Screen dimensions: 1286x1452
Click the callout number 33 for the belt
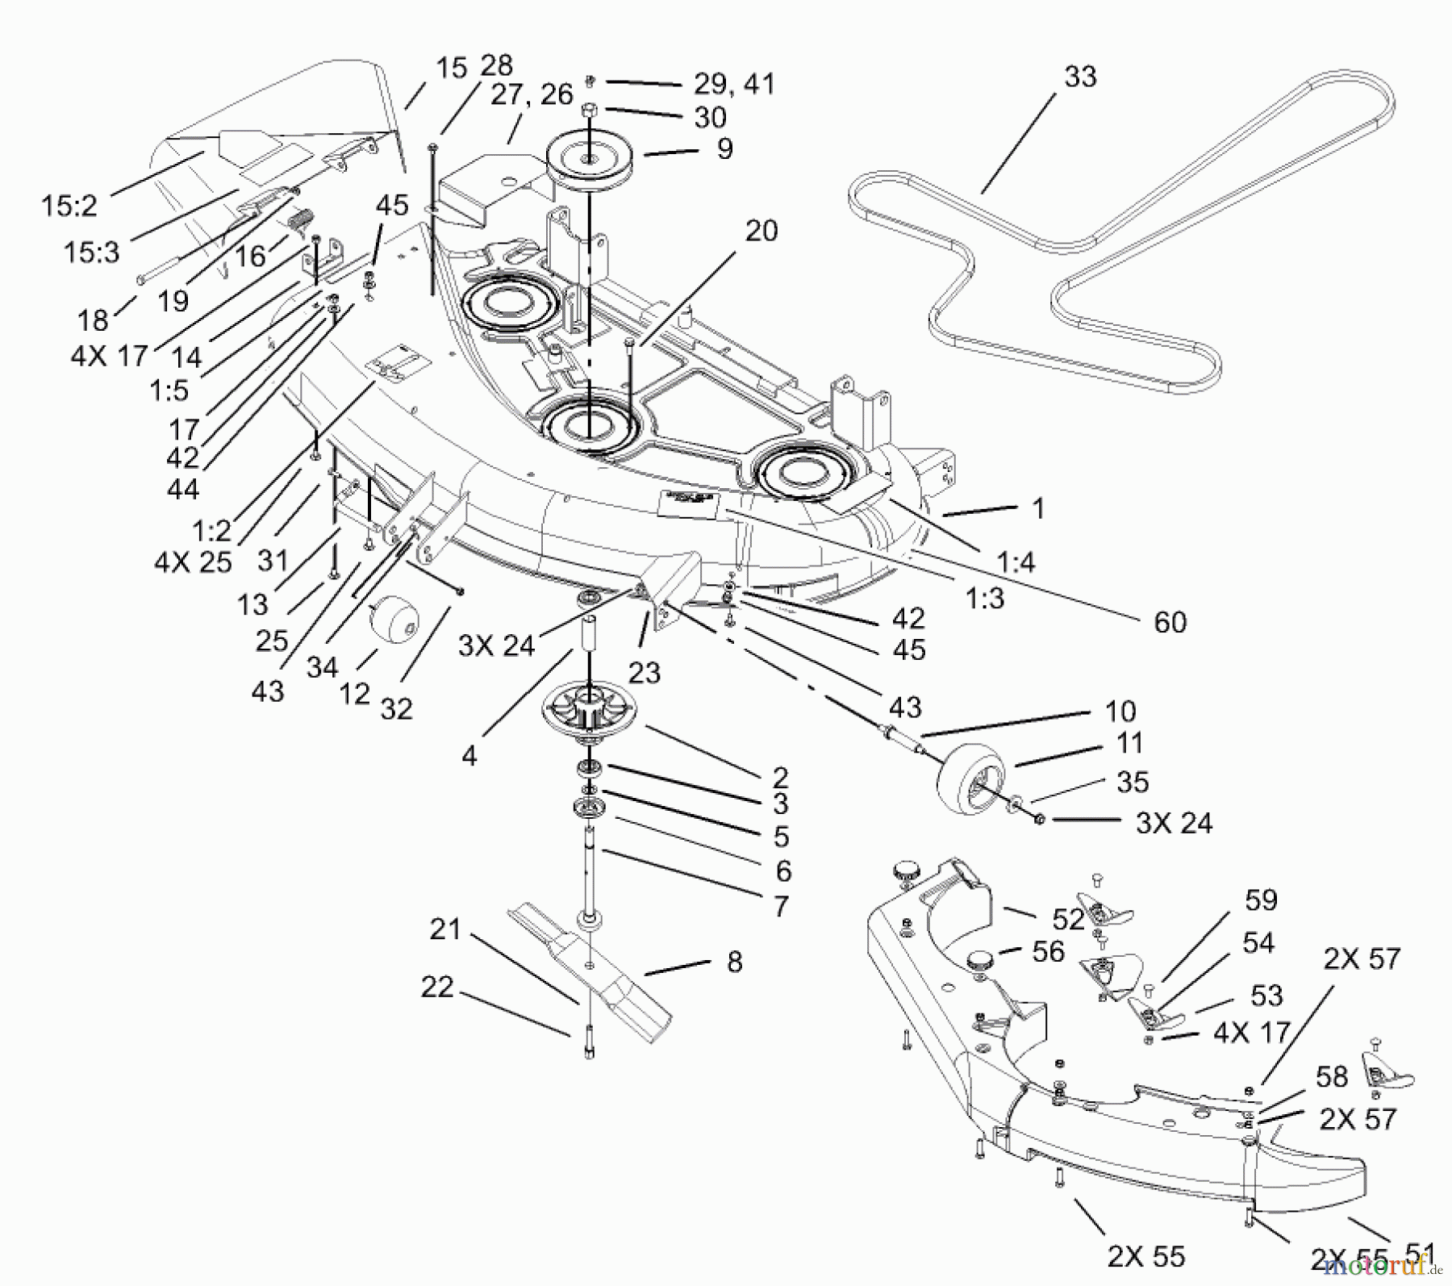point(1079,77)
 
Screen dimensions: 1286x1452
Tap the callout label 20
point(761,232)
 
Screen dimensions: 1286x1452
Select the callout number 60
point(1170,622)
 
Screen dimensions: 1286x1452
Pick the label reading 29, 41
point(733,84)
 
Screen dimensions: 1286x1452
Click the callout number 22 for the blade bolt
point(437,987)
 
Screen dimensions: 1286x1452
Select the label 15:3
point(91,253)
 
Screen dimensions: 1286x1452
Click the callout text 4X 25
point(193,562)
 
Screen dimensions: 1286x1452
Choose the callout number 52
point(1069,920)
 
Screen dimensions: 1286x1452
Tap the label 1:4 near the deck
point(1015,562)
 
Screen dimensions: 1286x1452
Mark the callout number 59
point(1261,900)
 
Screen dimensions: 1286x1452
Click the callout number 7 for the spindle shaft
point(779,907)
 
